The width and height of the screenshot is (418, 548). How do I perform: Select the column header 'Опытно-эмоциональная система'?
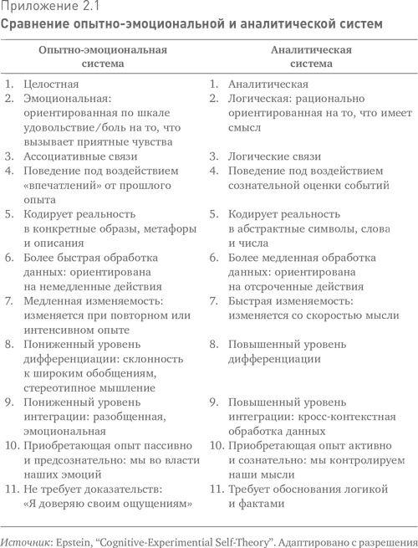103,56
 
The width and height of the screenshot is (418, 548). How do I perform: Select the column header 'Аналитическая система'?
311,56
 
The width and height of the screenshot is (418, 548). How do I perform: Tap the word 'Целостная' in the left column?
51,85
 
